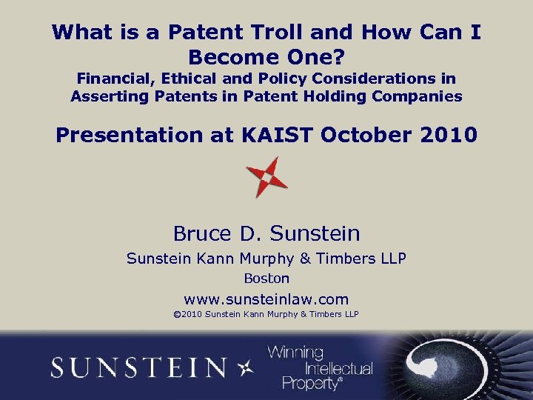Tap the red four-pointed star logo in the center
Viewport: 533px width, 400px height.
(x=266, y=177)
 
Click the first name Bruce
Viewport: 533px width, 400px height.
(x=201, y=234)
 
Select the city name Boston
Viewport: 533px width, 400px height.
(x=266, y=279)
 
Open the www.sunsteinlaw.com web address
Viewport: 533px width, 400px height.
(x=266, y=299)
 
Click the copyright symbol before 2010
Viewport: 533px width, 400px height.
(x=177, y=315)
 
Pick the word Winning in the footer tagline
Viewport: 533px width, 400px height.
(x=295, y=353)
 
